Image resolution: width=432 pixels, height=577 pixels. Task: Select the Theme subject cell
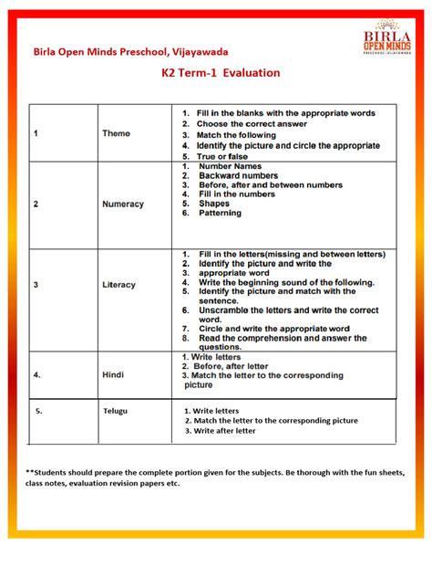pyautogui.click(x=116, y=133)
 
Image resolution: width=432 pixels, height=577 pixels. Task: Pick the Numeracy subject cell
pyautogui.click(x=122, y=205)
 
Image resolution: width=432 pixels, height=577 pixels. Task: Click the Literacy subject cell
pyautogui.click(x=118, y=285)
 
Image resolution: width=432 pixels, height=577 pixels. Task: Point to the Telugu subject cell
pyautogui.click(x=115, y=411)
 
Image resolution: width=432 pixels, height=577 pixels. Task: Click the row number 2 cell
pyautogui.click(x=36, y=205)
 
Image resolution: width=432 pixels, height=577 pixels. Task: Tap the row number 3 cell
pyautogui.click(x=36, y=285)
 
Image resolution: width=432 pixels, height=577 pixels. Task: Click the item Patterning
pyautogui.click(x=220, y=213)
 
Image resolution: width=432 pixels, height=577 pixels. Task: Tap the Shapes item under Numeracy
pyautogui.click(x=214, y=204)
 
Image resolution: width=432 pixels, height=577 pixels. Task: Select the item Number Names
pyautogui.click(x=231, y=166)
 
